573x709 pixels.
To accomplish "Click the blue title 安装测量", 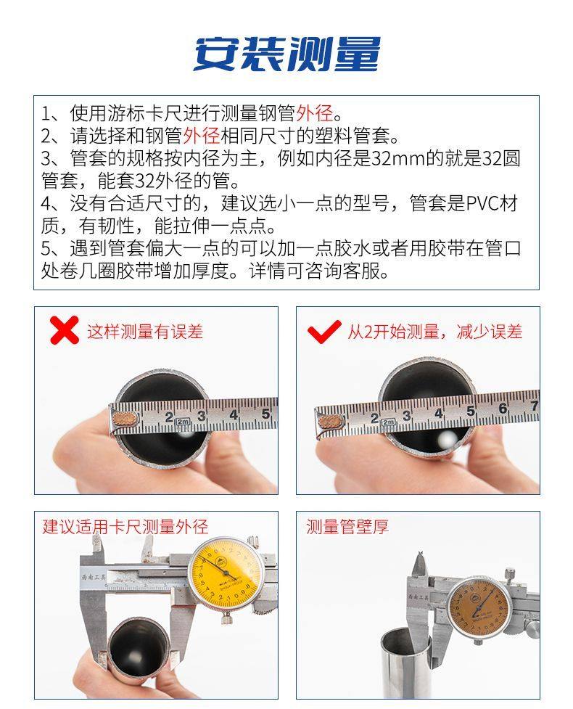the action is click(x=287, y=54).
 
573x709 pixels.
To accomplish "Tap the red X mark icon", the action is click(x=64, y=330).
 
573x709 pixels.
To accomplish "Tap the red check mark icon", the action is click(x=324, y=332).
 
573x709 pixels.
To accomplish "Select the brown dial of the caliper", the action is click(x=478, y=607).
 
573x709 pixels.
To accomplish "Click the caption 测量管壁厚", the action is click(x=347, y=527).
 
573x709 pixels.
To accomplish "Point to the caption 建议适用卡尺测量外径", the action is click(x=125, y=526).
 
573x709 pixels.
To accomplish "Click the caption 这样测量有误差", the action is click(x=144, y=332).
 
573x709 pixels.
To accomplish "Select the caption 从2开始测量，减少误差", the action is click(x=434, y=332).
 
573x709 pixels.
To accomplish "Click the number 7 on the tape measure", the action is click(x=534, y=406).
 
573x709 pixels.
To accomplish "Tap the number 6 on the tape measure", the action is click(x=503, y=409).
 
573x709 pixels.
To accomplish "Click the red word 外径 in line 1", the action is click(x=315, y=112).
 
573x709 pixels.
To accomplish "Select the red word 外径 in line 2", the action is click(x=202, y=135).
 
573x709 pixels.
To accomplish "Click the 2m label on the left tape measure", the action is click(x=182, y=422).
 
